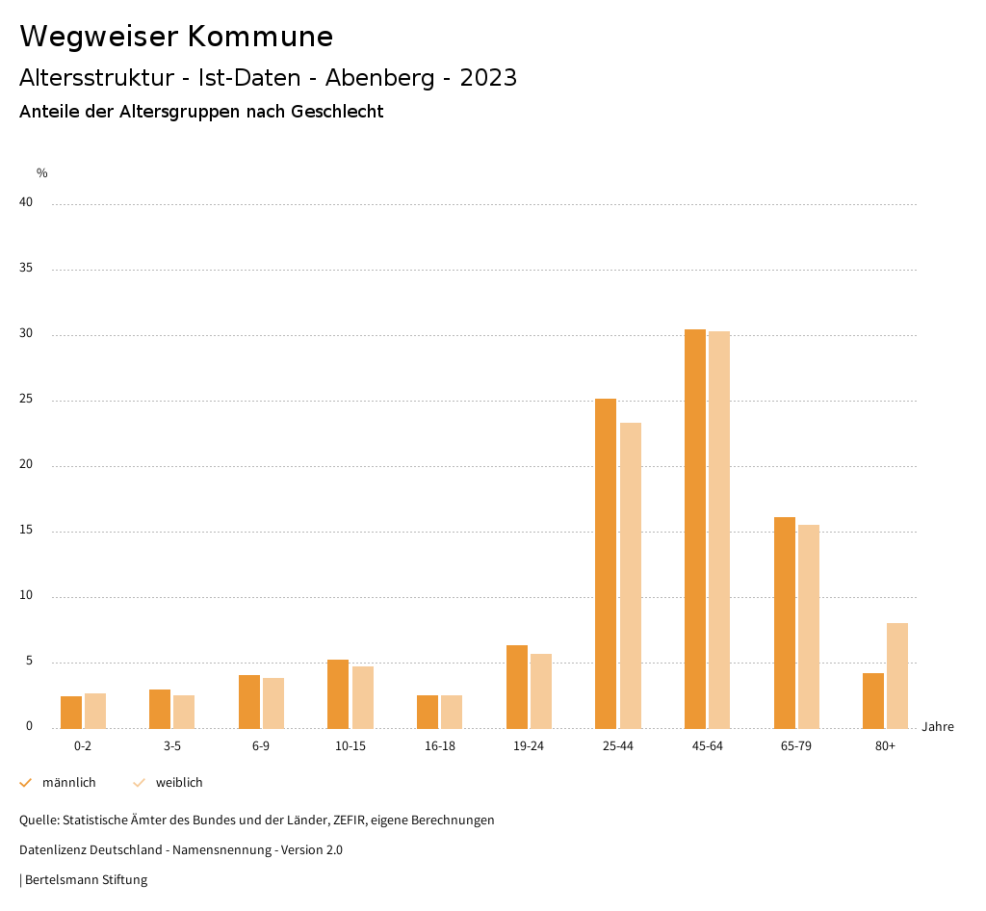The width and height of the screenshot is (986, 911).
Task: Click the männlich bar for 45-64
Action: point(695,529)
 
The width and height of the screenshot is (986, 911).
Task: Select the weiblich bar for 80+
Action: point(897,675)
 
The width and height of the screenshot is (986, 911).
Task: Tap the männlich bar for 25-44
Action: point(606,563)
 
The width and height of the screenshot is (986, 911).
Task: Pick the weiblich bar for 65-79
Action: point(809,626)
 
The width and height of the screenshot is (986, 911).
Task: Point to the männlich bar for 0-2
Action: point(71,712)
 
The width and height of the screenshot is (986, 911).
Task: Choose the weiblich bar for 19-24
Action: point(541,690)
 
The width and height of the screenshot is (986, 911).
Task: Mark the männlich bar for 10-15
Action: point(338,693)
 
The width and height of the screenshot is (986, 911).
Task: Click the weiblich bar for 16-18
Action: point(452,712)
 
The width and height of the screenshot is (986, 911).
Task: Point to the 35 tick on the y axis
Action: point(26,269)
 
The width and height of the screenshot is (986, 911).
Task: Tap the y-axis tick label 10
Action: point(26,596)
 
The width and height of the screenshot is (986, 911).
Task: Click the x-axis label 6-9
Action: point(261,746)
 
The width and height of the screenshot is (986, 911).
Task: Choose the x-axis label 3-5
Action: point(171,746)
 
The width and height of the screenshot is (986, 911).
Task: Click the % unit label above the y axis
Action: point(42,173)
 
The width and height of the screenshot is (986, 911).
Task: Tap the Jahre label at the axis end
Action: point(938,727)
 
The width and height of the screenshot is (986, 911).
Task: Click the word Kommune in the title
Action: point(260,37)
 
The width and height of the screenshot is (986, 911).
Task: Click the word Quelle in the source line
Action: point(38,820)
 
